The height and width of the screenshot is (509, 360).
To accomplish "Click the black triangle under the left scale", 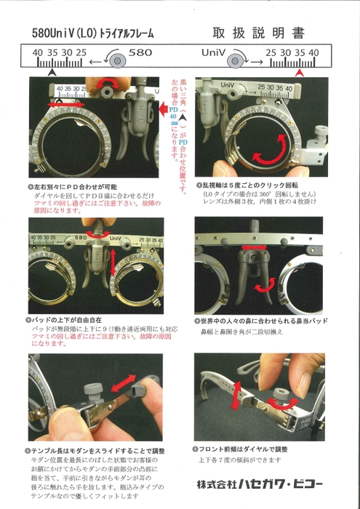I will click(51, 72).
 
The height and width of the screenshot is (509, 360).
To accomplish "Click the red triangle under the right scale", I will click(300, 72).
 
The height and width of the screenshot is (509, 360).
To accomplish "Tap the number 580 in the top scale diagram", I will click(140, 53).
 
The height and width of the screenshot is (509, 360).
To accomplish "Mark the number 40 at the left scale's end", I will click(37, 53).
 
